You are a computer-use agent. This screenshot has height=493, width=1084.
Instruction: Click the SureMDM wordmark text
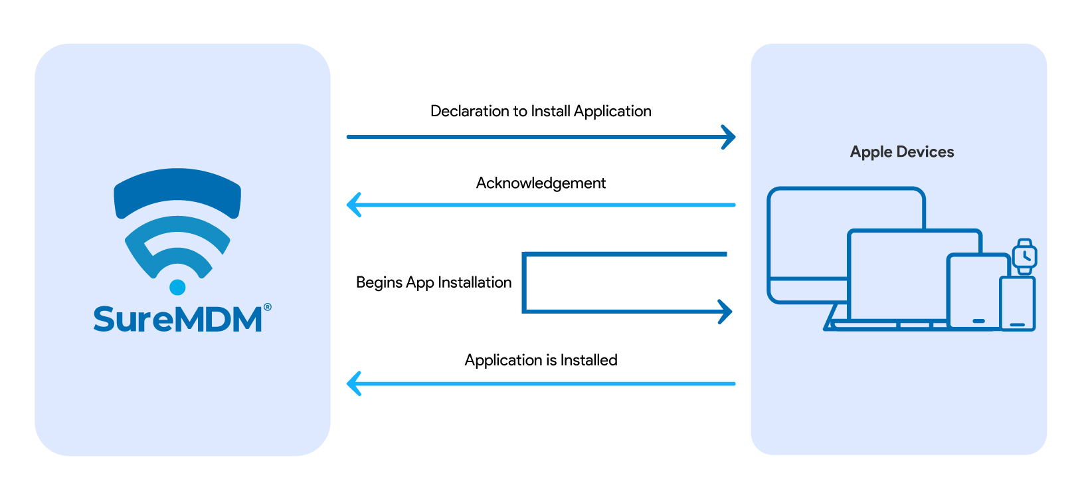[177, 320]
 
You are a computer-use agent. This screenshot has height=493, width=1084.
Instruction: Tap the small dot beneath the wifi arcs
[177, 287]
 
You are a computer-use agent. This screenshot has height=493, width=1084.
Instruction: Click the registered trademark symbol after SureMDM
[268, 307]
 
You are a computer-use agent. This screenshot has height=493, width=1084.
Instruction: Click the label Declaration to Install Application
[541, 111]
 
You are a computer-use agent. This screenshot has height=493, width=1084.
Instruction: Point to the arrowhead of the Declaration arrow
[731, 137]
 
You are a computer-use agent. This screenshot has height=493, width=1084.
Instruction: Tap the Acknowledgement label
[541, 183]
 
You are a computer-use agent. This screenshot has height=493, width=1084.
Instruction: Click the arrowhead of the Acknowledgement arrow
[353, 205]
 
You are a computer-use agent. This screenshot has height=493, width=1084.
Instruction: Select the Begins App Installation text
[434, 282]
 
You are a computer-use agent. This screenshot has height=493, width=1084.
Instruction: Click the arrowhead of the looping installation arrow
[727, 311]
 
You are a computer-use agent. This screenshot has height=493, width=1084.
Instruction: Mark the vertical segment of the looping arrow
[525, 282]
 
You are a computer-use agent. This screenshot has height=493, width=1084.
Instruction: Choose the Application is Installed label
[541, 360]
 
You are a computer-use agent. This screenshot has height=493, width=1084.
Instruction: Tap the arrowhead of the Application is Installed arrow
[353, 383]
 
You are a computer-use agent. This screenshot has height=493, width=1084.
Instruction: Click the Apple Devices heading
[901, 152]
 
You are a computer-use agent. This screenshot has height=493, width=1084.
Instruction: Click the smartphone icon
[1017, 304]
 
